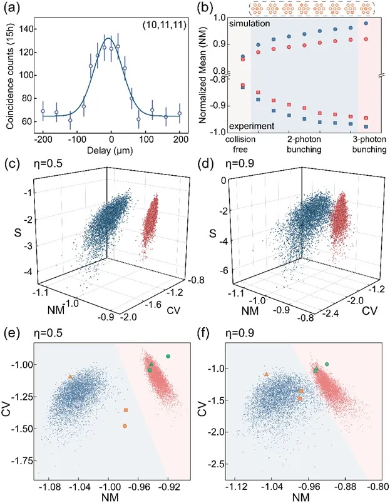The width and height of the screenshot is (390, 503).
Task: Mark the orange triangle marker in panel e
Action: pos(70,377)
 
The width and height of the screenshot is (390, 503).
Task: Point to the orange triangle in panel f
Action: pos(267,374)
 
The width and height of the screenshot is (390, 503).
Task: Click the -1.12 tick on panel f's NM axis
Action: pos(239,485)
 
